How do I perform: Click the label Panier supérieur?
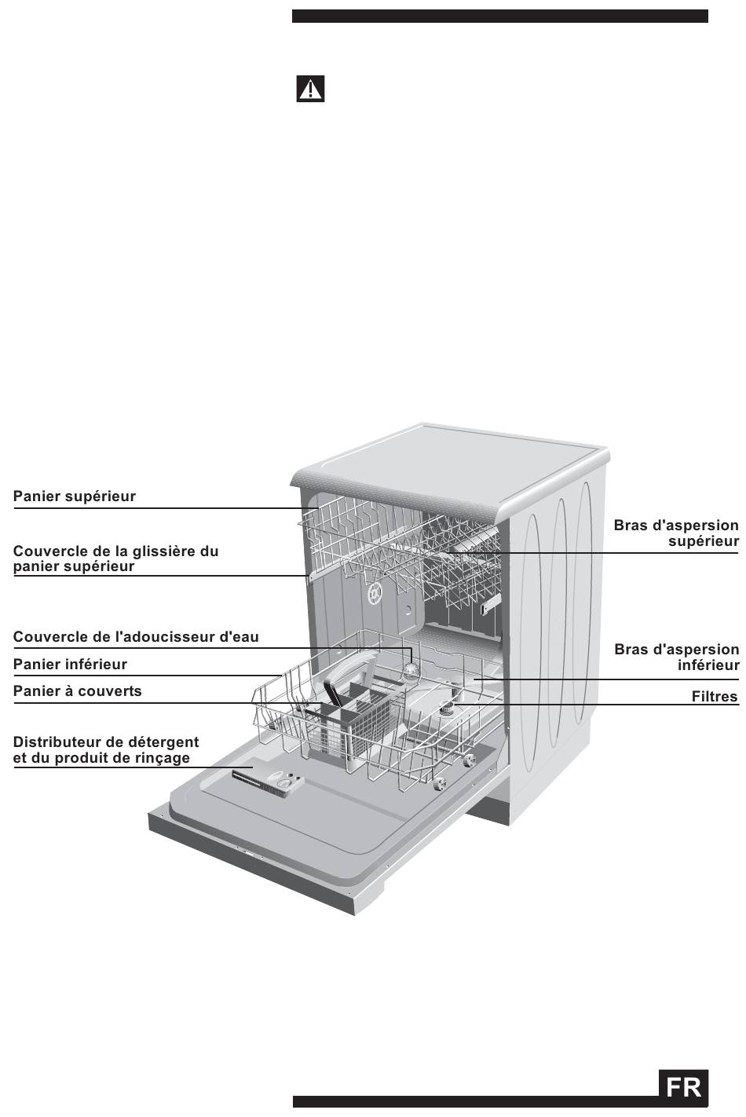[x=75, y=496]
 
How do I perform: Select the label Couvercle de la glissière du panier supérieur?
[x=115, y=558]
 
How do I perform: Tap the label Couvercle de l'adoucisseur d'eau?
[x=136, y=637]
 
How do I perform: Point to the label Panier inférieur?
[x=70, y=665]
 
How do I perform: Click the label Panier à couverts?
[x=78, y=691]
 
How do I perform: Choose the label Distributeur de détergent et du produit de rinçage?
[x=106, y=750]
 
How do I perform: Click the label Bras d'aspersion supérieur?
[x=676, y=533]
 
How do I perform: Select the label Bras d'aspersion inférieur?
[x=677, y=657]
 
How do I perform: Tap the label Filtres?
[x=715, y=697]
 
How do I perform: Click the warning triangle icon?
[x=310, y=90]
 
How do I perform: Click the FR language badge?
[x=683, y=1088]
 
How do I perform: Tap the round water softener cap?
[x=411, y=669]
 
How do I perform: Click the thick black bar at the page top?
[x=500, y=16]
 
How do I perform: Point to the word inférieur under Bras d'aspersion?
[x=708, y=666]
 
